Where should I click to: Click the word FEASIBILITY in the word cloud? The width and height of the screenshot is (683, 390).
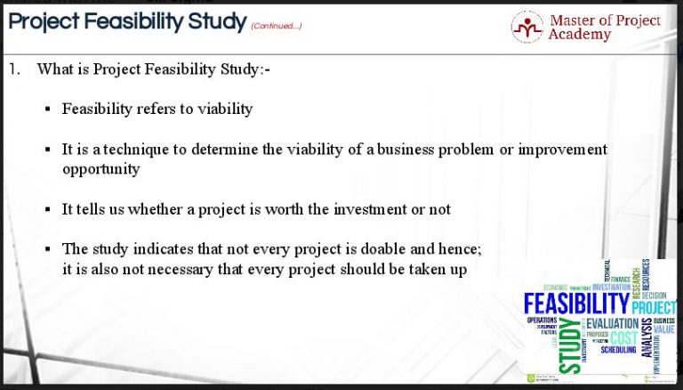coord(576,305)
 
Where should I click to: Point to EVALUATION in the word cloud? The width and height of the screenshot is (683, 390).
coord(613,322)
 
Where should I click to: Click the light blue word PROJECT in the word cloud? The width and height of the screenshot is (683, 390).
coord(654,307)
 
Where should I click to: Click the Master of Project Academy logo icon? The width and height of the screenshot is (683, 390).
coord(526,26)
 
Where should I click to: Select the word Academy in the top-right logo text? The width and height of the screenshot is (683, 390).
coord(580,35)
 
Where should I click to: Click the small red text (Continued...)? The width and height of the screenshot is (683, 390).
coord(276,26)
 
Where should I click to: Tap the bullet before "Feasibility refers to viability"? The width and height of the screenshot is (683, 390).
coord(47,110)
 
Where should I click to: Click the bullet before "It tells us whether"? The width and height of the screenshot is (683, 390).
coord(47,210)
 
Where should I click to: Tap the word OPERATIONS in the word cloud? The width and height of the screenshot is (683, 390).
coord(542,320)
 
